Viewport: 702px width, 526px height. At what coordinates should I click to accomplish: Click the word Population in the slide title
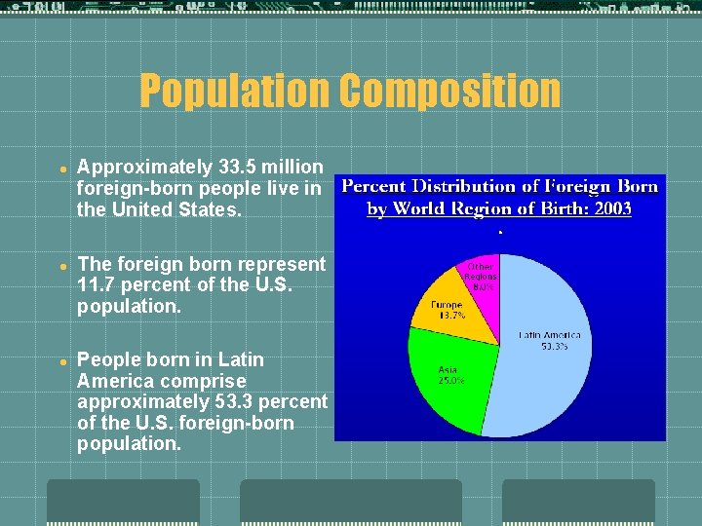pyautogui.click(x=234, y=92)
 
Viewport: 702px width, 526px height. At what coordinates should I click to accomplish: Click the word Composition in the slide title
pyautogui.click(x=449, y=92)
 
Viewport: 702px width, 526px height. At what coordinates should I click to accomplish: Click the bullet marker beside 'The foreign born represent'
pyautogui.click(x=60, y=265)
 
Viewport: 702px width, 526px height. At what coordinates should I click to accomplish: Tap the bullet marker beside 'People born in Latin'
pyautogui.click(x=60, y=360)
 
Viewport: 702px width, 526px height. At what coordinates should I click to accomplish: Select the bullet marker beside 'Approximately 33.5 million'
pyautogui.click(x=60, y=168)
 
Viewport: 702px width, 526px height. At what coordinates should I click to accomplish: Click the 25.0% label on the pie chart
pyautogui.click(x=450, y=380)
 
